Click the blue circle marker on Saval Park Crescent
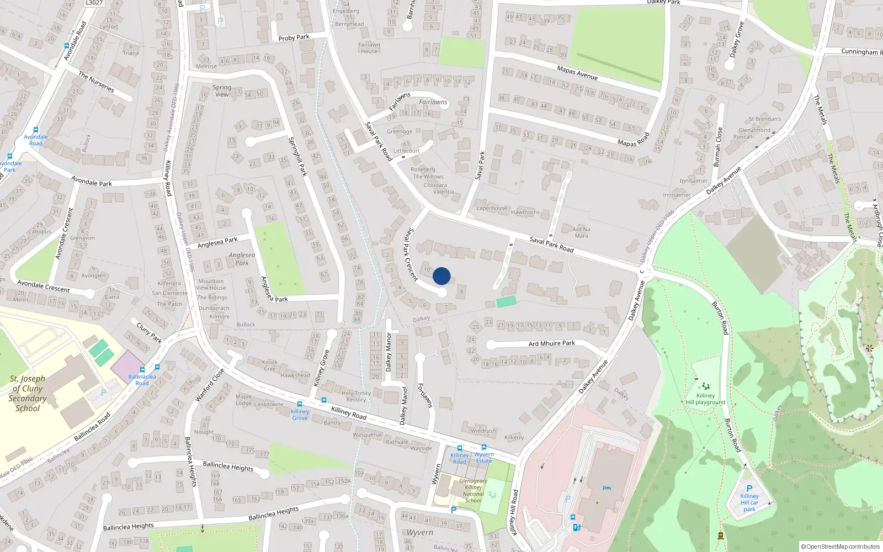pos(441,276)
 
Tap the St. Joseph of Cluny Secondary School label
pos(28,394)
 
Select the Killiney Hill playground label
pos(705,399)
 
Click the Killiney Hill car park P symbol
pos(749,488)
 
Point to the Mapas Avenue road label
pos(577,73)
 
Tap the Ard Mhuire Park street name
pos(551,343)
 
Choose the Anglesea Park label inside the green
pos(242,259)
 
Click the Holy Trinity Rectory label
pos(356,396)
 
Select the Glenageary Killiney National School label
pos(473,491)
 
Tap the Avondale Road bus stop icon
pos(36,130)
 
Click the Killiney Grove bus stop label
pos(300,415)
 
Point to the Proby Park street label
pos(294,38)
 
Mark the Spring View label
pos(222,91)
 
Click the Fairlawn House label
pos(369,47)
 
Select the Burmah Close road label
pos(717,147)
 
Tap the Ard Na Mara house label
pos(581,232)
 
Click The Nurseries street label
pos(96,82)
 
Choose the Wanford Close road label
pos(210,385)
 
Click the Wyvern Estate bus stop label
pos(484,458)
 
